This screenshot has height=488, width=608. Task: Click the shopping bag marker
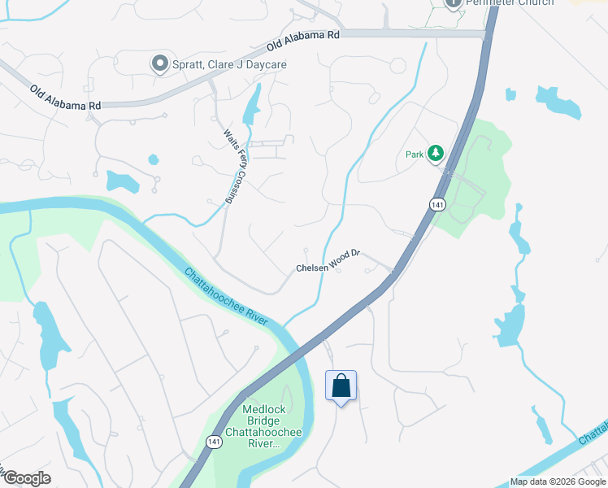(341, 386)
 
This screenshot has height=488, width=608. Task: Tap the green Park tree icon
(436, 153)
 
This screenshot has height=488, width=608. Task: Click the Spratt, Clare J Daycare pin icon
(159, 63)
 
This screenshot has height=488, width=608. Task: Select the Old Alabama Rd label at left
(65, 98)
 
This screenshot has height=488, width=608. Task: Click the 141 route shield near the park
(438, 205)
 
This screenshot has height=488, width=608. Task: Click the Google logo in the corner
(27, 478)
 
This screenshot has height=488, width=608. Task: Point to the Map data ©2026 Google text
(558, 481)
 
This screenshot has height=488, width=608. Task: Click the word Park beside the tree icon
(415, 154)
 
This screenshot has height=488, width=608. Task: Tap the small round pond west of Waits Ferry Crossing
(152, 159)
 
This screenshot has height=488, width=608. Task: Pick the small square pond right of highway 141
(510, 94)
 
